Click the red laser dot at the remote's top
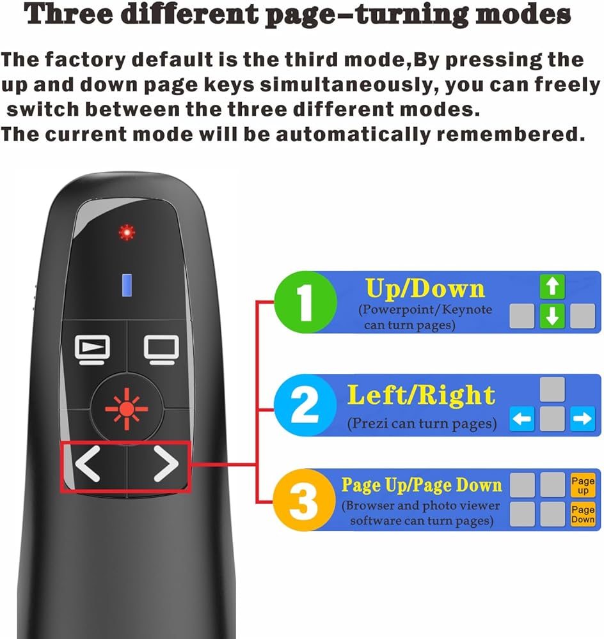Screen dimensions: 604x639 (127, 233)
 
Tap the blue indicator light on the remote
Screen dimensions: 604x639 (127, 285)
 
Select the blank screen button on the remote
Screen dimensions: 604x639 (161, 350)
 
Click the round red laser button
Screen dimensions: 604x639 (127, 409)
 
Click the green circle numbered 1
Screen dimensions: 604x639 (305, 302)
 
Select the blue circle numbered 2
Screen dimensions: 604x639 (305, 405)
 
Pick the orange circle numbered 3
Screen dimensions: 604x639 (304, 500)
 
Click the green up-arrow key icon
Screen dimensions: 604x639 (552, 286)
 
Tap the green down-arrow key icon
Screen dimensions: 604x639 (552, 316)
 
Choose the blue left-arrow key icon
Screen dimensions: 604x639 (522, 419)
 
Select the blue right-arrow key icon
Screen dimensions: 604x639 (582, 419)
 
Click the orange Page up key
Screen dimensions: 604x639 (583, 485)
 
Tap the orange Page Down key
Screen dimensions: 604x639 (583, 514)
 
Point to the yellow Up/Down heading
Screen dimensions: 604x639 (425, 289)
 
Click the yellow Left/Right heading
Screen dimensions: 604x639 (421, 395)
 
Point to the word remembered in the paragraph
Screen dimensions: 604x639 (511, 134)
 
